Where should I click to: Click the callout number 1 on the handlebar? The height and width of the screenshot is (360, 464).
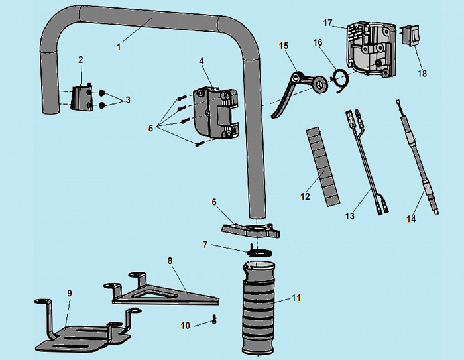click(x=119, y=46)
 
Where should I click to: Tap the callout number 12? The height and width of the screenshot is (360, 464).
click(x=306, y=197)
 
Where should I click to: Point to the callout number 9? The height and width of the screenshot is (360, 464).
click(x=70, y=293)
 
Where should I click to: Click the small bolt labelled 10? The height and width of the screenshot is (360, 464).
click(x=214, y=320)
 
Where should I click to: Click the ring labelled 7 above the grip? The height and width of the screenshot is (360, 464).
click(x=258, y=251)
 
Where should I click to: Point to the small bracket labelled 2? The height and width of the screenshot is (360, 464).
click(x=82, y=98)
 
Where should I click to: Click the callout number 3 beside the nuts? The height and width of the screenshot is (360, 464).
click(x=128, y=99)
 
